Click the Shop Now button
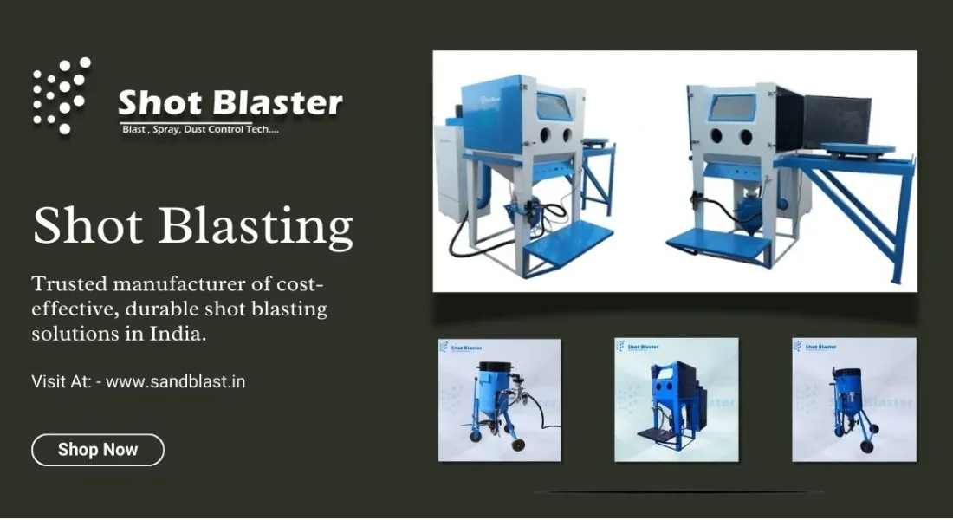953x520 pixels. tap(98, 450)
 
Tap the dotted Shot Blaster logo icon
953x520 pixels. tap(62, 95)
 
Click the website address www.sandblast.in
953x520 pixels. tap(175, 380)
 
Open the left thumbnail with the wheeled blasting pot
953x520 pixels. tap(499, 400)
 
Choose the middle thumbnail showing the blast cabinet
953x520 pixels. tap(677, 400)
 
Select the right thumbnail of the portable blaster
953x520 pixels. tap(854, 400)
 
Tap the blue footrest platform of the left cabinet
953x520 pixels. tap(567, 240)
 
